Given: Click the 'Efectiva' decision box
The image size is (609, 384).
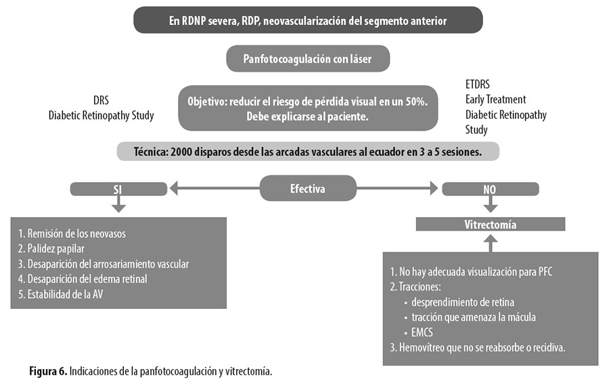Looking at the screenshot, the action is (308, 188).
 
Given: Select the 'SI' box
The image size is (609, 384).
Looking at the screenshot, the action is (118, 189).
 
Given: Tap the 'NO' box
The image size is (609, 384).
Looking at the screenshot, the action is (491, 189).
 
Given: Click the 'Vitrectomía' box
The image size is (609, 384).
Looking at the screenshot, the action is (491, 224).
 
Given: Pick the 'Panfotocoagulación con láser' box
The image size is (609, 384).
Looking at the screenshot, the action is (308, 59).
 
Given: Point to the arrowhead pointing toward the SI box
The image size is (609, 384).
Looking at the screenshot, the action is (174, 188).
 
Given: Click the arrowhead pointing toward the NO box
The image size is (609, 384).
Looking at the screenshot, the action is (434, 188).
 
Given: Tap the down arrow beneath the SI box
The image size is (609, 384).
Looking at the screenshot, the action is (118, 203).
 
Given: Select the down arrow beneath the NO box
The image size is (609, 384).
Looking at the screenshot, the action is (491, 203).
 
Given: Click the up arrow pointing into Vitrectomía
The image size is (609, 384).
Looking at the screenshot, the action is (491, 243).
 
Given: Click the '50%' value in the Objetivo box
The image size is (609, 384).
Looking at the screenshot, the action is (416, 101).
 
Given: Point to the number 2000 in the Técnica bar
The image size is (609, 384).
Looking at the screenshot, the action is (181, 151).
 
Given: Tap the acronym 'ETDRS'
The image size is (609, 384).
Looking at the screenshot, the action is (477, 85).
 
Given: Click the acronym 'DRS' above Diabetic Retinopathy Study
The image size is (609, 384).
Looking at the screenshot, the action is (101, 100).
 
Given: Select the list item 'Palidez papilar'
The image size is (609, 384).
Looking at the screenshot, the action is (51, 249).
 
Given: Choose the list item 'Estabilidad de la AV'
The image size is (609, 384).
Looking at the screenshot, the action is (61, 294).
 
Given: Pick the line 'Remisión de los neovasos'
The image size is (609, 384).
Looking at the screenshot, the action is (72, 233).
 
